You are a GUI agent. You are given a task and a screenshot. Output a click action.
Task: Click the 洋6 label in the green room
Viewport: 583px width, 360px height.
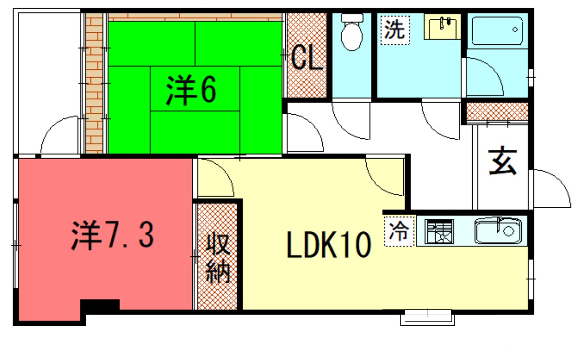191,91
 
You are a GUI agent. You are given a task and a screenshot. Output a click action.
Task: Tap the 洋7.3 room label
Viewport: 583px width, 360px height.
112,236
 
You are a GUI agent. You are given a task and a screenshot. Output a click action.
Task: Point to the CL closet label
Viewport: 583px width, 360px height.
307,58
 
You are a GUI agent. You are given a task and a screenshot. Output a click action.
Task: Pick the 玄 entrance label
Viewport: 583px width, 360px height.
501,161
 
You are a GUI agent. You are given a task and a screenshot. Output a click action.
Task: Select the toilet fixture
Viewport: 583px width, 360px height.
351,36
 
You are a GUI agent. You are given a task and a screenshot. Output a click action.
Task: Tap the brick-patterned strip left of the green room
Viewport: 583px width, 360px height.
95,80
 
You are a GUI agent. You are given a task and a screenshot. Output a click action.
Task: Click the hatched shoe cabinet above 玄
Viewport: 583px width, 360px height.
497,112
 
